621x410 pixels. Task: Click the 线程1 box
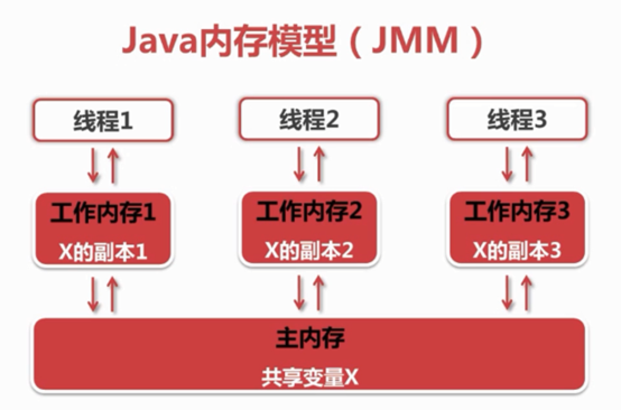[103, 120]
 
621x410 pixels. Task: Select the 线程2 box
[309, 120]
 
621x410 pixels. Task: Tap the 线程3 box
[516, 120]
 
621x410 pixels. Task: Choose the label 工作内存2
[309, 212]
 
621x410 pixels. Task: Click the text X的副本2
[309, 251]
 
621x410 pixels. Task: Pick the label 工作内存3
[516, 212]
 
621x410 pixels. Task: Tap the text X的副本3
[516, 251]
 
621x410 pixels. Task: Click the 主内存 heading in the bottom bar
[310, 338]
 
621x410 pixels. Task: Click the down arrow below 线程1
[94, 165]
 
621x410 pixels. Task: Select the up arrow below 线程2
[319, 164]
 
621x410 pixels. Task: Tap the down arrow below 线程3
[507, 164]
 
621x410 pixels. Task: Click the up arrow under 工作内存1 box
[113, 294]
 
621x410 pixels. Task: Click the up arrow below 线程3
[526, 164]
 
